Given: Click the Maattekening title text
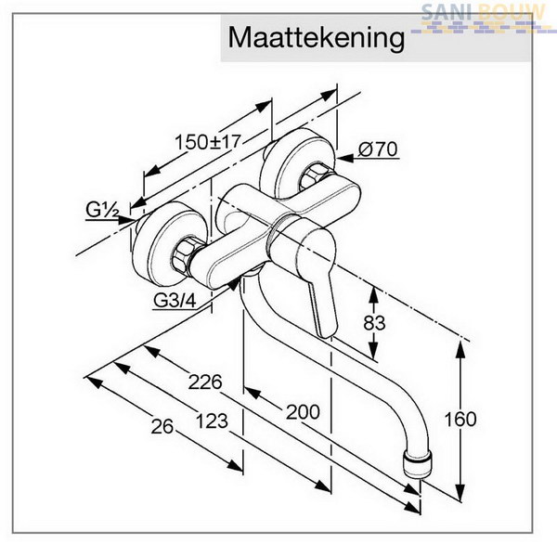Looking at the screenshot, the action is pos(317,38).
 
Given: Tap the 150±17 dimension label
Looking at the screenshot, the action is pos(208,142).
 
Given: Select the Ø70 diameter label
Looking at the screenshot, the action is pos(378,149).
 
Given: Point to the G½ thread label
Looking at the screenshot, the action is pos(102,210).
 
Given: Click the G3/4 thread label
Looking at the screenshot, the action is pos(175,301).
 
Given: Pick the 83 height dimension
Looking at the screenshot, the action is pos(374,323).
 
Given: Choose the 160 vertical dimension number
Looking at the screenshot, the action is pos(460,420).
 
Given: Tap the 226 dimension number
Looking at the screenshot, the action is pos(205,382).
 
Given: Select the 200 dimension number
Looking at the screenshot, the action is pos(303,412).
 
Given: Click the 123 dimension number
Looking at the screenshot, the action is pos(212,421).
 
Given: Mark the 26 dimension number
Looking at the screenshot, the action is pos(162,426).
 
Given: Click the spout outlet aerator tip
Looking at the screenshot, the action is pos(418,464).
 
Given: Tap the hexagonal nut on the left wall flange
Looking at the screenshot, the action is pos(185,256).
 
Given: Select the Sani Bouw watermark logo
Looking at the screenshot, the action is pos(482,18).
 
